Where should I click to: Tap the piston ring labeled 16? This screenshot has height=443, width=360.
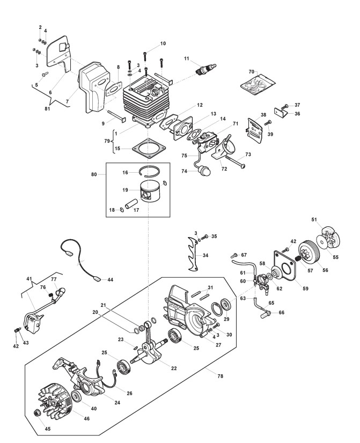tap(150, 171)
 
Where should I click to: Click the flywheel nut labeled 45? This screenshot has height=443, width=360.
tap(38, 413)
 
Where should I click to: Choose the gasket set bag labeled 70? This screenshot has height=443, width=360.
tap(258, 83)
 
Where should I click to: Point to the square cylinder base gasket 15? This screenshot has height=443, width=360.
tap(150, 149)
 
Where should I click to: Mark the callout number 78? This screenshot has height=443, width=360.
tap(221, 376)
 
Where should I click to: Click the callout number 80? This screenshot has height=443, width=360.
tap(94, 174)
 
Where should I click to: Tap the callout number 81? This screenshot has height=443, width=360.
tap(47, 108)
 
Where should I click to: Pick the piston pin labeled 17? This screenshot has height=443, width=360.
tap(130, 204)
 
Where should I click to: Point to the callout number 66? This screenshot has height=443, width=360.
tap(282, 313)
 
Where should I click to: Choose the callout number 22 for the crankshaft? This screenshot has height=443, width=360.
tap(174, 368)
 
